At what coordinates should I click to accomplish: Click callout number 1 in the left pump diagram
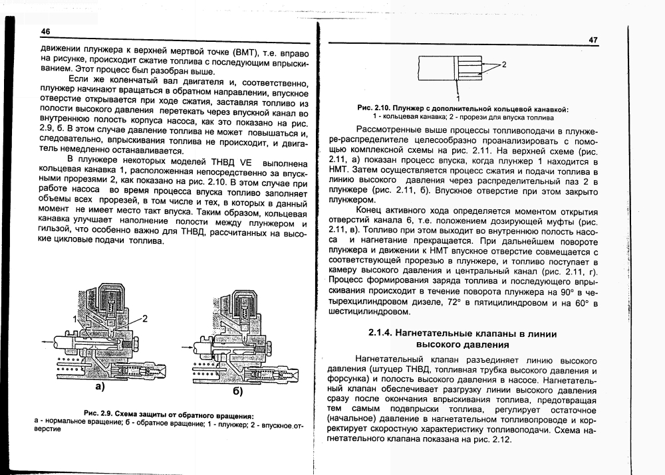[x=75, y=320]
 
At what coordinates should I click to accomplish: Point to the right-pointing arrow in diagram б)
[x=186, y=345]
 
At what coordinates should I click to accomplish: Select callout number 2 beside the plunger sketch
[x=503, y=64]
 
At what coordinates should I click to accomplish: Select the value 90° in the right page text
[x=565, y=293]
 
